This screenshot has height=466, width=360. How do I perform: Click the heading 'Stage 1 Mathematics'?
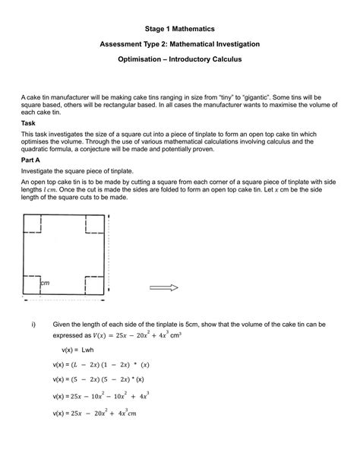pos(179,27)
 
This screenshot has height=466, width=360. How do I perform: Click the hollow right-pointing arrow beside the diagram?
pos(163,287)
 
